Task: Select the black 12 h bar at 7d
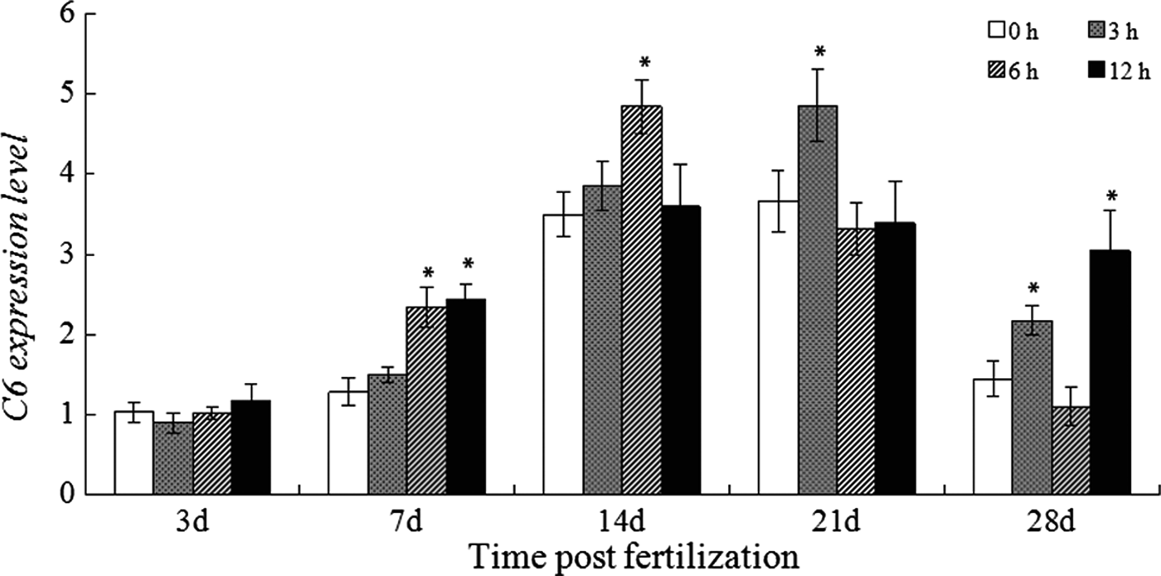[466, 397]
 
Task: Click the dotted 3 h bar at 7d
[387, 434]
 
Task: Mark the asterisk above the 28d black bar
[1110, 196]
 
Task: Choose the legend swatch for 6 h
[996, 70]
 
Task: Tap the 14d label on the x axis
[621, 524]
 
